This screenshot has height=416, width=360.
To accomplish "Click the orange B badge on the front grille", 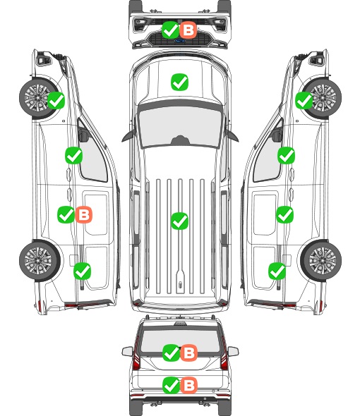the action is (188, 30).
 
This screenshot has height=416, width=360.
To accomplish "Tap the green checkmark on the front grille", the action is (170, 30).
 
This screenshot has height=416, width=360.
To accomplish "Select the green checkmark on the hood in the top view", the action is (179, 82).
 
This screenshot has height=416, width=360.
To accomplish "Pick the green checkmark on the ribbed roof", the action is (179, 221).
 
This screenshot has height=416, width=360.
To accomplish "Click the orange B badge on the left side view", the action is (84, 214).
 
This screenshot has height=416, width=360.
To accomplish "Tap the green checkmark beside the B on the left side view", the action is (66, 214).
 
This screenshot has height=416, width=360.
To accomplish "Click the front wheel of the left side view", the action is (37, 98).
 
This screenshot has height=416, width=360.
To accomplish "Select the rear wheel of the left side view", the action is (40, 260).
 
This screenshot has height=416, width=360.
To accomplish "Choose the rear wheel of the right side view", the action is (321, 260).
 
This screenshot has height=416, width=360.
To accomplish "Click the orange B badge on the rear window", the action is (188, 353).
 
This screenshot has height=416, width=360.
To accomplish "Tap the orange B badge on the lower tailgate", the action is (188, 385).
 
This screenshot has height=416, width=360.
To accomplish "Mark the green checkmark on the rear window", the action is (171, 353).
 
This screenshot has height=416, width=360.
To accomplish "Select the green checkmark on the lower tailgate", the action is (171, 385).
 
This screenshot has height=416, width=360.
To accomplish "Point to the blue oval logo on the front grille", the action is (179, 41).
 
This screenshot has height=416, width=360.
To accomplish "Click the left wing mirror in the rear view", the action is (128, 351).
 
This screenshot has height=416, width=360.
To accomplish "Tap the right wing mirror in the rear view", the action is (233, 351).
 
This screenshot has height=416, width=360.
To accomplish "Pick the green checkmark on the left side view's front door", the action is (73, 155).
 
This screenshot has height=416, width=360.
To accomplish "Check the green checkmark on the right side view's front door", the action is (286, 155).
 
